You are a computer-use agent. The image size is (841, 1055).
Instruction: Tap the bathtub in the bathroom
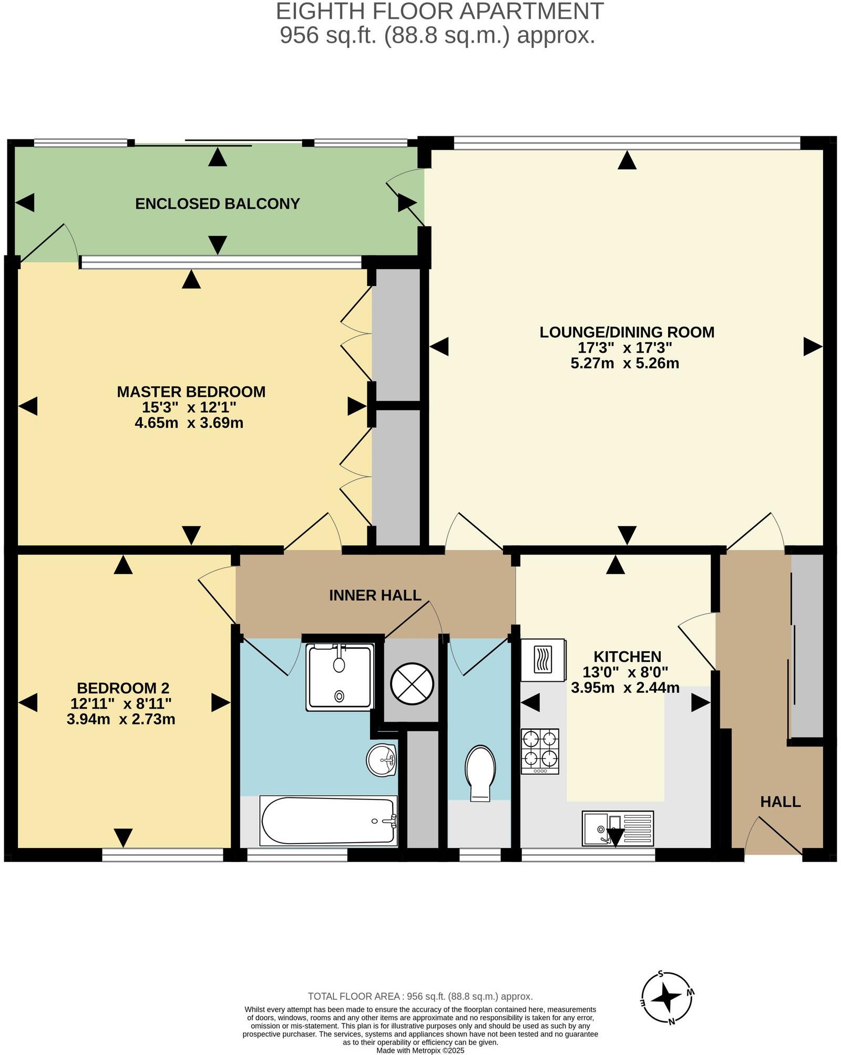point(329,821)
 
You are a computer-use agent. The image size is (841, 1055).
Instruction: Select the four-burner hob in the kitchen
point(540,751)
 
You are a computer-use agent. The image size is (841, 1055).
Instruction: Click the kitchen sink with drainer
point(618,828)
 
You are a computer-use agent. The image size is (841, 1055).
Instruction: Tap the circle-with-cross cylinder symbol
point(412,684)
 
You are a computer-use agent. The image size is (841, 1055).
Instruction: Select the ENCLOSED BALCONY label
point(217,204)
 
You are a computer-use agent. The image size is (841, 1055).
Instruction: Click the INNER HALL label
point(375,595)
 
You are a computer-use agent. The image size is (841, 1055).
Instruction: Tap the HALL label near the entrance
point(780,802)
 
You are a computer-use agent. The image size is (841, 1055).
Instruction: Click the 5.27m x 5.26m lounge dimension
point(624,363)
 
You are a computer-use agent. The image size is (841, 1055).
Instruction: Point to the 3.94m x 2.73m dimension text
point(121,719)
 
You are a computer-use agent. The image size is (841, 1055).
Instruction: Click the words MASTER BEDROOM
point(191,392)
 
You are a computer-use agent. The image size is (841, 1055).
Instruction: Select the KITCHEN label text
point(627,657)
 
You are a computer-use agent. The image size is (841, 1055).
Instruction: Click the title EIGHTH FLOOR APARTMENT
point(439,12)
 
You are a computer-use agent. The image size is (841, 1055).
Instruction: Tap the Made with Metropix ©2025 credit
point(420,1050)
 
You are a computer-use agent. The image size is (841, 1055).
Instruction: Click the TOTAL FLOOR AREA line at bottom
point(420,996)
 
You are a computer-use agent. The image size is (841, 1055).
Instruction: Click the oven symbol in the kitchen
point(542,660)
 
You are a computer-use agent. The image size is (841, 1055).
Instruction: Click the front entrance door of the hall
point(773,838)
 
